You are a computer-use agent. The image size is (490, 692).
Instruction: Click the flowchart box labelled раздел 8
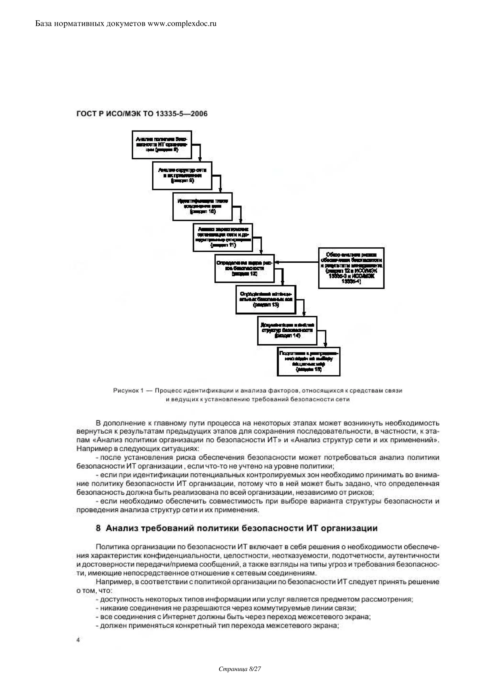(162, 145)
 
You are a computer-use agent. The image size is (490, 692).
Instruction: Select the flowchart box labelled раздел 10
(202, 206)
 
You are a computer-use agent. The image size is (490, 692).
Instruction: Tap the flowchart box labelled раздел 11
(223, 237)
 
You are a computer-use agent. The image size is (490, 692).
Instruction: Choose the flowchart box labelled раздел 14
(287, 331)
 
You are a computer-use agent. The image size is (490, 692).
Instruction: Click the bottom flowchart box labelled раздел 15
(308, 362)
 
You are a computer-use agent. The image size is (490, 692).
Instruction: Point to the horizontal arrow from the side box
(297, 262)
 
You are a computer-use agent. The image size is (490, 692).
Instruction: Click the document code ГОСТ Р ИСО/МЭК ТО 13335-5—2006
(142, 114)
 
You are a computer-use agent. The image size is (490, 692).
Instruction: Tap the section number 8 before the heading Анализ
(98, 528)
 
